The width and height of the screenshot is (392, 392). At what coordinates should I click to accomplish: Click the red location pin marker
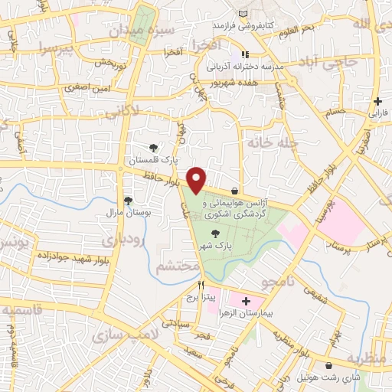198,179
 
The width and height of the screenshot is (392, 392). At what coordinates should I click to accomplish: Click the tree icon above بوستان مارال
127,199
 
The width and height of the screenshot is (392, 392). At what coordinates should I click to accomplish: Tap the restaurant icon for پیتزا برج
201,283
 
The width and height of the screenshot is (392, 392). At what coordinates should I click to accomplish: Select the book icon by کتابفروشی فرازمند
243,15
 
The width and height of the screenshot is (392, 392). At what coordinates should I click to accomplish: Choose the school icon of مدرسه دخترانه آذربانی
244,54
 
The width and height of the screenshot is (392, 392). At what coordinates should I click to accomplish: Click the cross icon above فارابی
377,101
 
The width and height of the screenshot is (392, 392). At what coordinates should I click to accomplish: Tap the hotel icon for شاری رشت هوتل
328,366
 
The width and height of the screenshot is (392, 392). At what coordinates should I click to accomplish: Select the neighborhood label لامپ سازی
119,336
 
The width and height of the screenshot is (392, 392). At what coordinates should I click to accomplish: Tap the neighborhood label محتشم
178,267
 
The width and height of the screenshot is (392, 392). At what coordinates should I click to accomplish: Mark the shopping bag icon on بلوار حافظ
234,191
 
